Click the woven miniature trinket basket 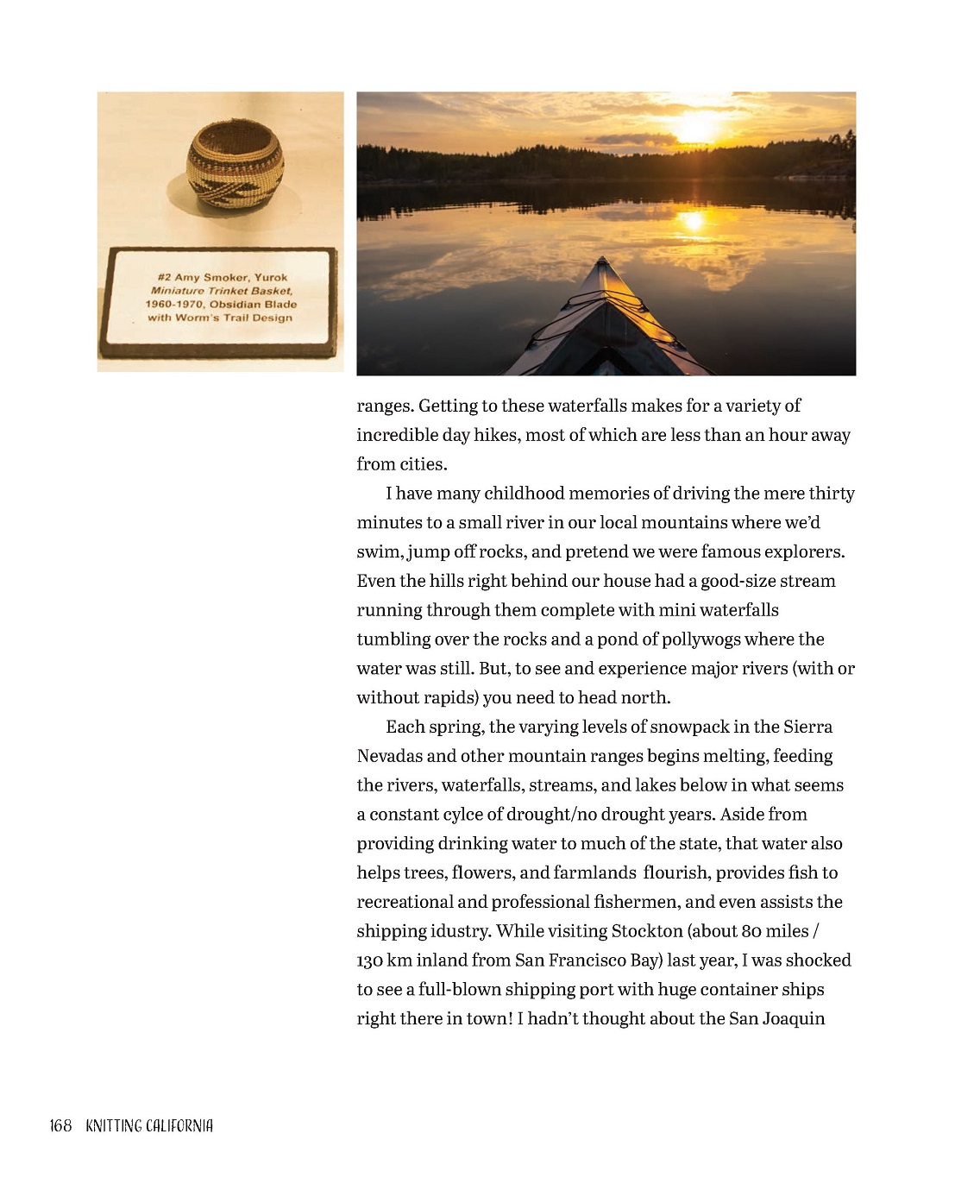[235, 164]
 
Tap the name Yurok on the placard [271, 278]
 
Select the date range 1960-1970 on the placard [174, 305]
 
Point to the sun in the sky [694, 129]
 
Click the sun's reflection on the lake [693, 221]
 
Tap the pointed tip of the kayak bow [602, 261]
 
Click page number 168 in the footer [60, 1126]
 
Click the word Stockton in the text [646, 931]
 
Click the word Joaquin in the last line [794, 1019]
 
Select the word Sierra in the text [807, 727]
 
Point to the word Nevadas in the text [389, 757]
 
